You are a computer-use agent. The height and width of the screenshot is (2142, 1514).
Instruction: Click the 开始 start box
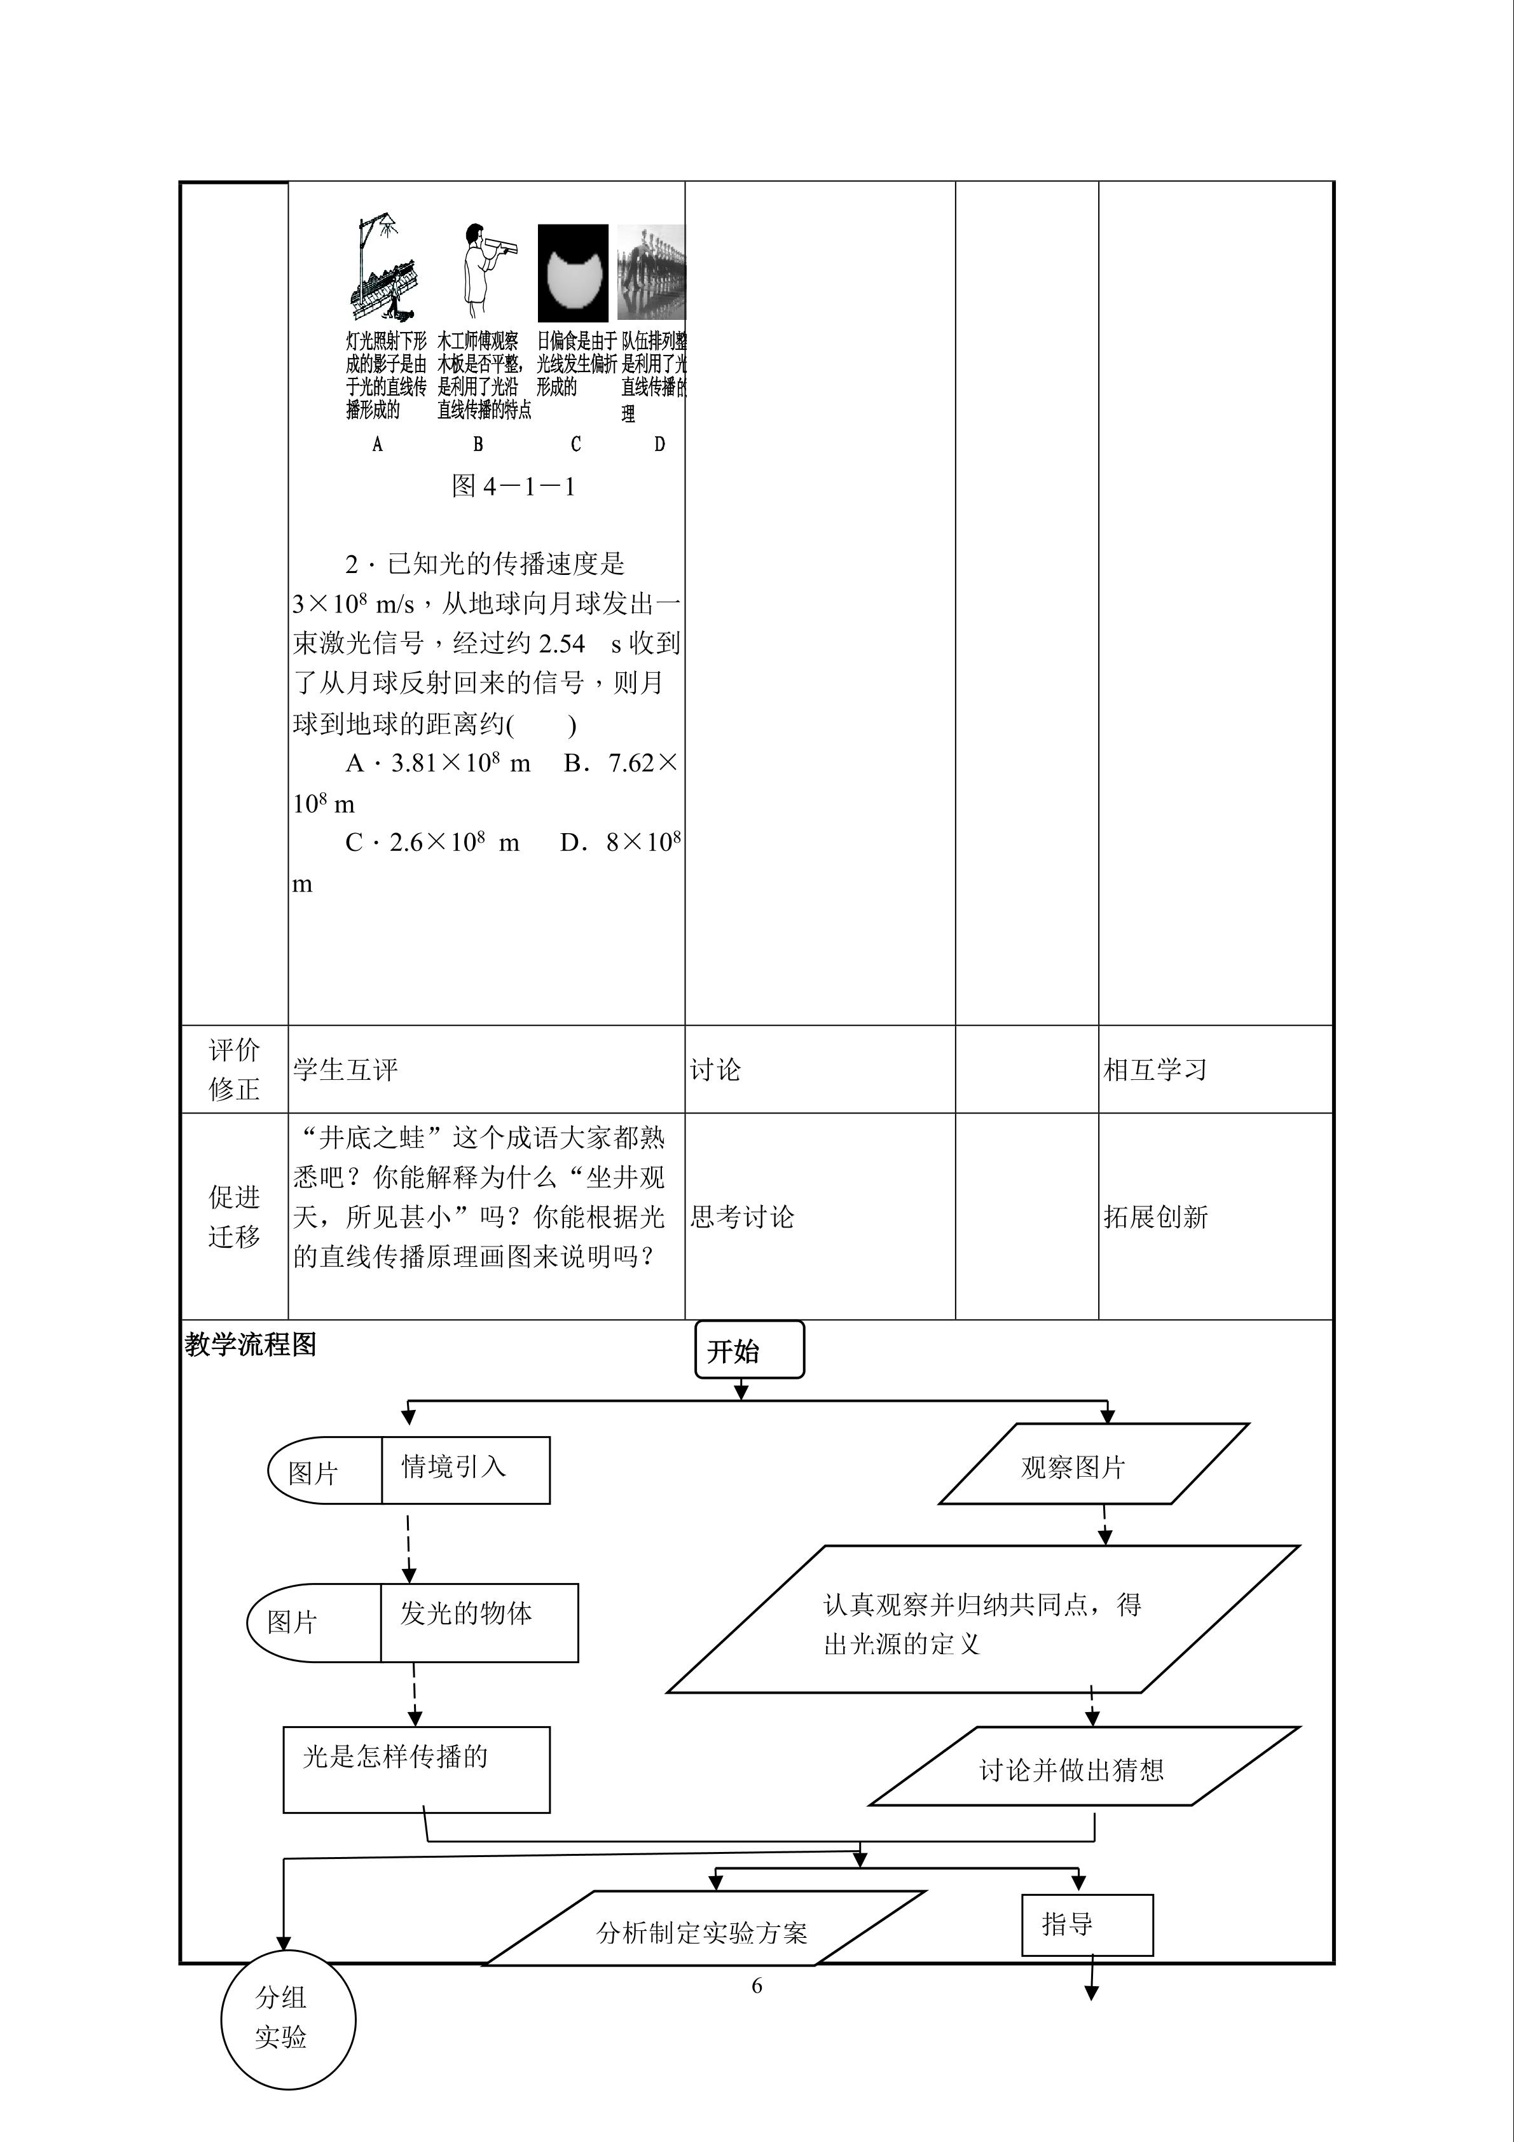(748, 1350)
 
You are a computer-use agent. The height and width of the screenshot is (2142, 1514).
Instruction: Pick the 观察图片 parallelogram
(1092, 1467)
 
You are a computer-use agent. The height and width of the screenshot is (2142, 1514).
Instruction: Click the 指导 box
(1087, 1924)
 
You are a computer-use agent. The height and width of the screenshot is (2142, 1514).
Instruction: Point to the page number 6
(757, 1986)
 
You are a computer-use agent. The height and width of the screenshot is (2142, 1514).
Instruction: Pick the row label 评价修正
(234, 1069)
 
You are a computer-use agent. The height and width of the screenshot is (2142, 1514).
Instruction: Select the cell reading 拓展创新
(1155, 1217)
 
